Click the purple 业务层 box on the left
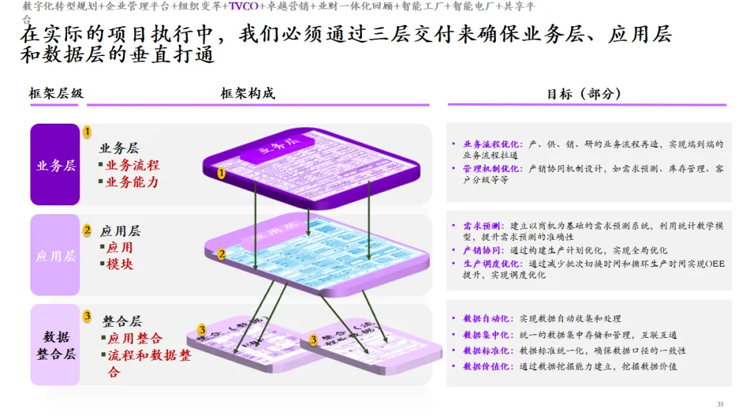(x=55, y=165)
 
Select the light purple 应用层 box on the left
(x=55, y=256)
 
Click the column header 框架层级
(x=56, y=93)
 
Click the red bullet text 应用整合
(x=135, y=338)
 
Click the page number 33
(x=720, y=404)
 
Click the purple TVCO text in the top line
(x=243, y=7)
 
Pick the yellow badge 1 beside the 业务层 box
(x=87, y=131)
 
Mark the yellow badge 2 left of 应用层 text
(x=87, y=230)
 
